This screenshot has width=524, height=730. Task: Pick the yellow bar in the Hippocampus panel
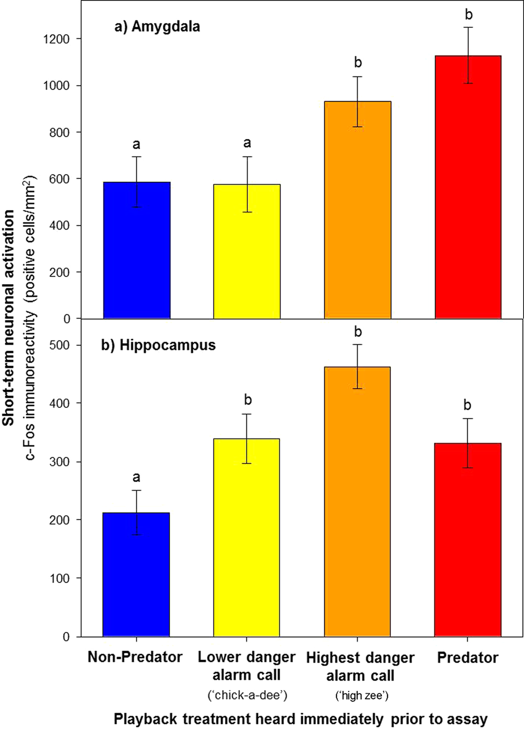tap(246, 537)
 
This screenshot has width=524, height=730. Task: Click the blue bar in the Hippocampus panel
tap(136, 574)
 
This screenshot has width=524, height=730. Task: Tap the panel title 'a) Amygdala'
tap(157, 27)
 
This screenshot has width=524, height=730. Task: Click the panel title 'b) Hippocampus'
tap(158, 345)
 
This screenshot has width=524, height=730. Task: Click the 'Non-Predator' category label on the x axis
tap(135, 657)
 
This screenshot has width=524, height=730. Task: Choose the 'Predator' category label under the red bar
tap(468, 657)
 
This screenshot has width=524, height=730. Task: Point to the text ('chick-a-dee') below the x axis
tap(248, 695)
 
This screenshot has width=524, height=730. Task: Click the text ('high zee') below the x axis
tap(362, 696)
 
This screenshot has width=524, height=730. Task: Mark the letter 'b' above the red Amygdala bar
tap(469, 14)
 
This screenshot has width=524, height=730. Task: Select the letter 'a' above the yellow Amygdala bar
tap(247, 143)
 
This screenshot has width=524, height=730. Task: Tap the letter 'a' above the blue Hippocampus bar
tap(136, 477)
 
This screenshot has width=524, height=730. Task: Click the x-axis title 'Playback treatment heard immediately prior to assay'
tap(300, 719)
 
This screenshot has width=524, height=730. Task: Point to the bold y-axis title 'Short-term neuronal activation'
tap(9, 317)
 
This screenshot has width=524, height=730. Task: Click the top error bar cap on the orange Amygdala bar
tap(358, 77)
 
